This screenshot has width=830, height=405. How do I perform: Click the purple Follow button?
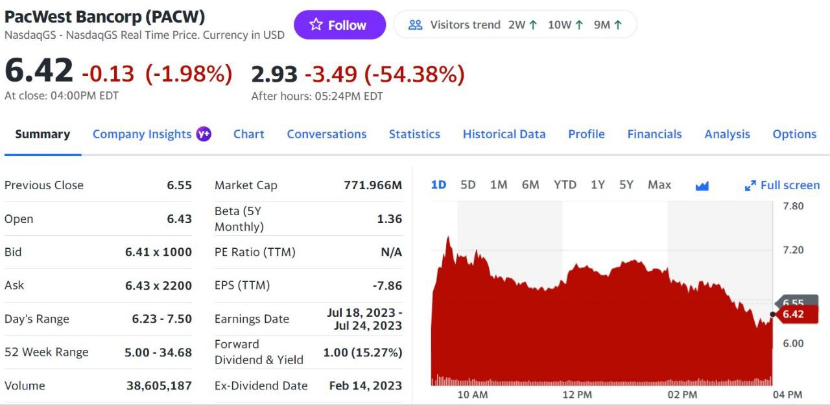click(x=339, y=25)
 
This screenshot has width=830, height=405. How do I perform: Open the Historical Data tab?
click(x=504, y=134)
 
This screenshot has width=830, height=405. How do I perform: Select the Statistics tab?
click(x=414, y=134)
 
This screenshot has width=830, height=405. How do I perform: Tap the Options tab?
click(x=794, y=134)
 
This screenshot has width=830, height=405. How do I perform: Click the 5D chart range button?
click(x=468, y=185)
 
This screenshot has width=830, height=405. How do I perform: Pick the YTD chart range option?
click(x=565, y=185)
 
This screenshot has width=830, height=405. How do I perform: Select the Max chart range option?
click(x=659, y=185)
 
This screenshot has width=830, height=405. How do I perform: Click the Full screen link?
click(x=783, y=185)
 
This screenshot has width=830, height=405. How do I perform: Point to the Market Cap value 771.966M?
click(x=373, y=185)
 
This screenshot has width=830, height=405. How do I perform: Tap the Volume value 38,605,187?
click(x=159, y=386)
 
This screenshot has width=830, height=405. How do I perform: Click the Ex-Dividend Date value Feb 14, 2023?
click(x=366, y=386)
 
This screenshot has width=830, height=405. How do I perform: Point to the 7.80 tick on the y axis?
click(x=793, y=206)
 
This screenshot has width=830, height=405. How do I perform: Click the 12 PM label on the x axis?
click(x=576, y=395)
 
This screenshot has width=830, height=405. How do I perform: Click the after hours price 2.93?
click(x=274, y=75)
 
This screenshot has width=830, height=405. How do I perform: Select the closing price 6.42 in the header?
click(x=39, y=71)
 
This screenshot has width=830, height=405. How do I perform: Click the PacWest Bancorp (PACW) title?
click(x=105, y=16)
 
